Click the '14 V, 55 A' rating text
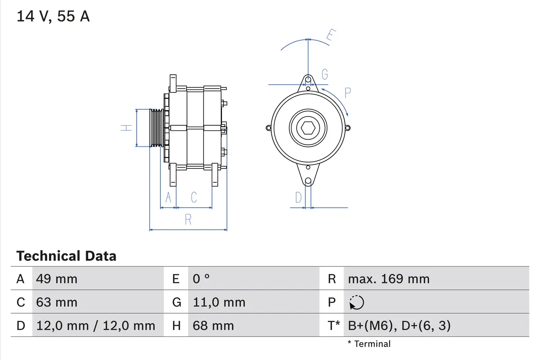(x=53, y=16)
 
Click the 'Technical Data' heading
(x=66, y=256)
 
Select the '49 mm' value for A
(x=57, y=279)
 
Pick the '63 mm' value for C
(x=57, y=302)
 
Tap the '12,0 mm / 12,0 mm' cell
(x=96, y=325)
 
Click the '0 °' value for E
(x=201, y=279)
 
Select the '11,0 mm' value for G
(x=219, y=302)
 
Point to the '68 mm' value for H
(x=213, y=325)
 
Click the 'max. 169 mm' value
(x=389, y=279)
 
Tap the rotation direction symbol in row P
(x=356, y=302)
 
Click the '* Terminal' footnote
(x=369, y=344)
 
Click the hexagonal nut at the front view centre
(x=308, y=128)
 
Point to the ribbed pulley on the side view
(x=157, y=128)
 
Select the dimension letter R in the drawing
(x=188, y=219)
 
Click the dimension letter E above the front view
(x=331, y=36)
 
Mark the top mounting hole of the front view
(x=308, y=79)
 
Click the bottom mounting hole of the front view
(x=308, y=181)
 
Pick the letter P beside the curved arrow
(x=348, y=93)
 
